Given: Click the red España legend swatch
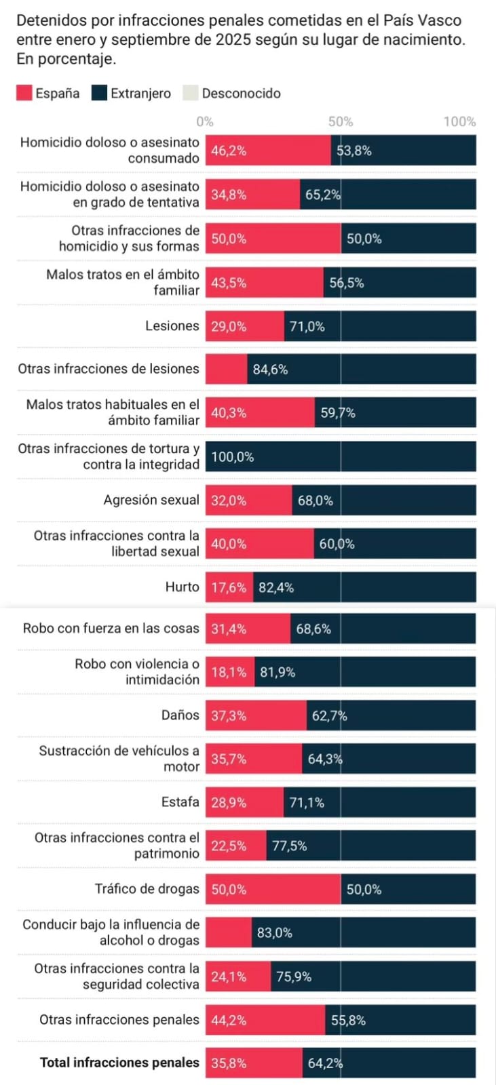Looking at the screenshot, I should click(x=24, y=93).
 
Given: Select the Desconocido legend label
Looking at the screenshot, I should click(x=241, y=94).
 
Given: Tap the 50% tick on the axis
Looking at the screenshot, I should click(x=341, y=122).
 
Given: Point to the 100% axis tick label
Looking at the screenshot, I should click(x=459, y=122).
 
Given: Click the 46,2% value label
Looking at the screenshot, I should click(x=229, y=151).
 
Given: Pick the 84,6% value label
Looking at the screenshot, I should click(x=270, y=370).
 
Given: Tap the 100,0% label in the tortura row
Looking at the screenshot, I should click(x=233, y=457).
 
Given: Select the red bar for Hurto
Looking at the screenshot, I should click(x=229, y=587).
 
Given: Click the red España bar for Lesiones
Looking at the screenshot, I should click(x=244, y=326).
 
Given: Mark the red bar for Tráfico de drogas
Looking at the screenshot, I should click(x=273, y=889).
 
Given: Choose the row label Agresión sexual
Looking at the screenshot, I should click(x=151, y=500).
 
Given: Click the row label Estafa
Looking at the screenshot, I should click(x=180, y=802).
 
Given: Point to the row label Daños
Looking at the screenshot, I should click(x=180, y=715).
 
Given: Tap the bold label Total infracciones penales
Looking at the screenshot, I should click(x=119, y=1063).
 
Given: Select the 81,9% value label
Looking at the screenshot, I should click(x=278, y=673).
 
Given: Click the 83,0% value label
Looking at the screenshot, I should click(x=274, y=933).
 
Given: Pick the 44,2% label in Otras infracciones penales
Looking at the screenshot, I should click(x=229, y=1020).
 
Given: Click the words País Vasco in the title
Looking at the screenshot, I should click(x=427, y=20).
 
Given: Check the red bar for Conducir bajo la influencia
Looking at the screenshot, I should click(x=228, y=933).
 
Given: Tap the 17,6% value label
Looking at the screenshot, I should click(x=229, y=588).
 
